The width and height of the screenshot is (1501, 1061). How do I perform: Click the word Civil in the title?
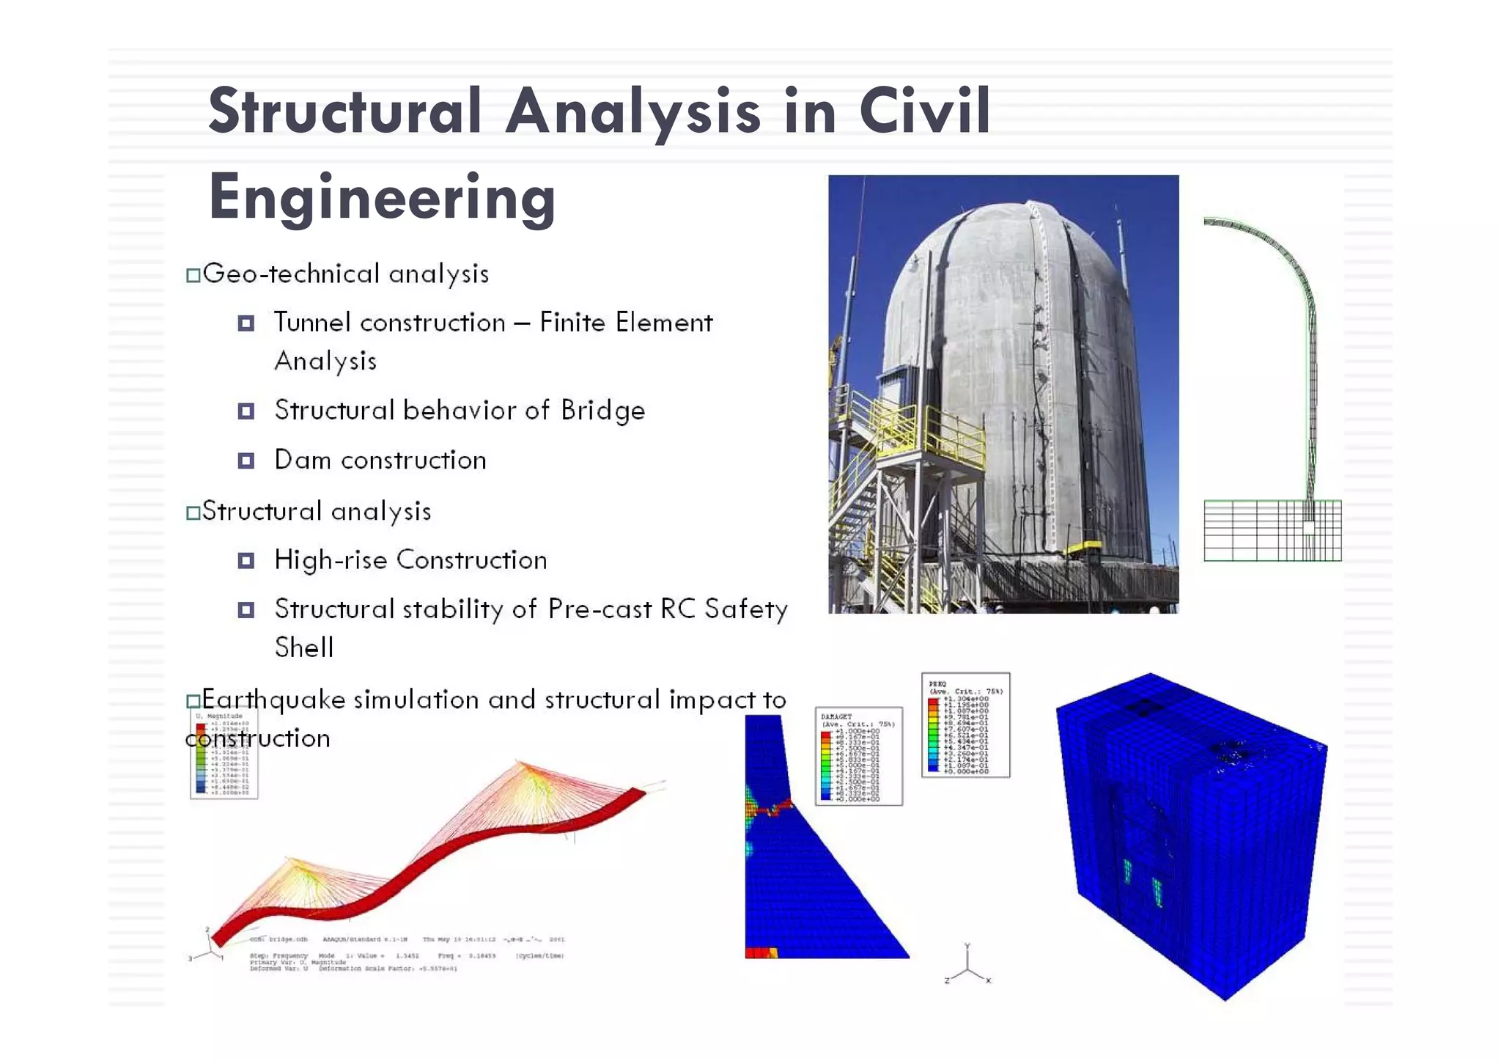pos(925,111)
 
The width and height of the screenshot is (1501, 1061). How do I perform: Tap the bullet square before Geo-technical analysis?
pos(193,276)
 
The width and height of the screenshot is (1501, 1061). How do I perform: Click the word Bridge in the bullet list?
pos(602,411)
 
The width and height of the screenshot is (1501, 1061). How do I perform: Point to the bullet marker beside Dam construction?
pos(246,460)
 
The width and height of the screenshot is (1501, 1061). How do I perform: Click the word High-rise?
pos(330,560)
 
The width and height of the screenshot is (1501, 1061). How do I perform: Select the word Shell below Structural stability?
pos(304,647)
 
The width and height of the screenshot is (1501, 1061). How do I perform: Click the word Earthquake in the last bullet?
pos(273,700)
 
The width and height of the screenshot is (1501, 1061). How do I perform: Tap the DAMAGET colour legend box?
pos(858,756)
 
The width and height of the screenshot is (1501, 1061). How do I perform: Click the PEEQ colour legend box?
pos(965,725)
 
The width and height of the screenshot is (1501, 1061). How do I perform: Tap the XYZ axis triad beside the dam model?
pos(967,966)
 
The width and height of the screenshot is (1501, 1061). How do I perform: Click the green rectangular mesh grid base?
pos(1272,530)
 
